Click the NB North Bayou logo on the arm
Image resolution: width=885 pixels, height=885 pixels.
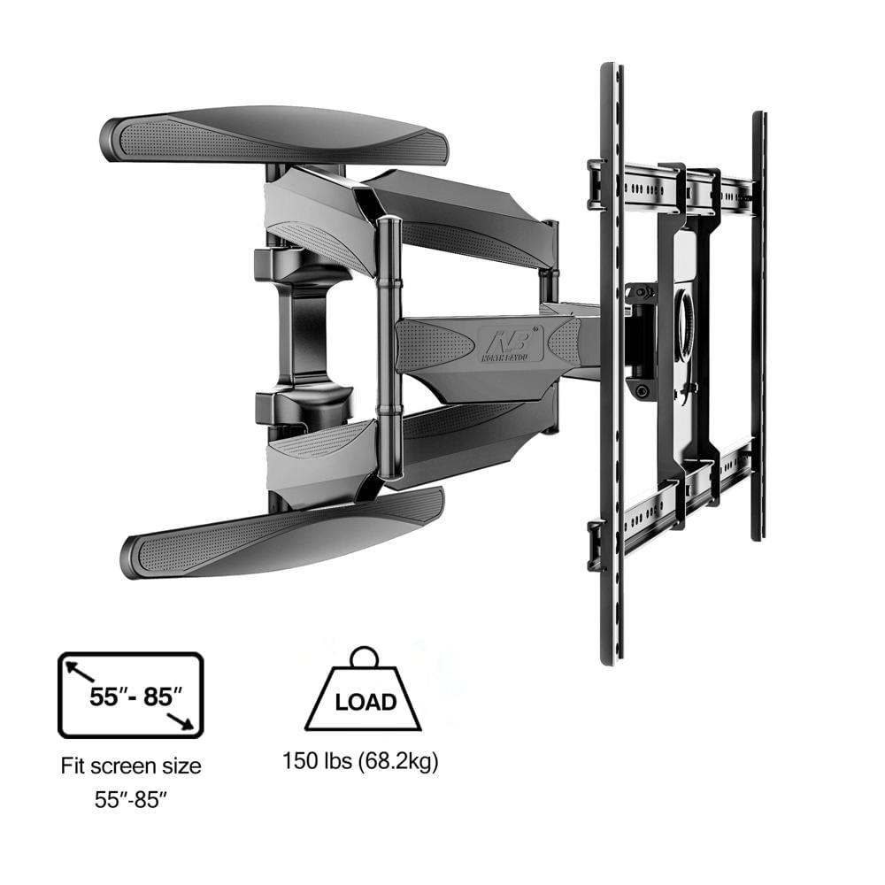pos(511,341)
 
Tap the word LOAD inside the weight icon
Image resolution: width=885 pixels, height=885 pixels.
pos(366,702)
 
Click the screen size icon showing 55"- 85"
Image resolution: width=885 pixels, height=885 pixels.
pos(131,696)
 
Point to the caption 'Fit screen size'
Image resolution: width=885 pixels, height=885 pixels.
pos(131,765)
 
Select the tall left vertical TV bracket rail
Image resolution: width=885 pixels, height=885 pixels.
pos(612,363)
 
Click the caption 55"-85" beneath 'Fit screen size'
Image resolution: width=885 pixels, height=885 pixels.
pos(131,800)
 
